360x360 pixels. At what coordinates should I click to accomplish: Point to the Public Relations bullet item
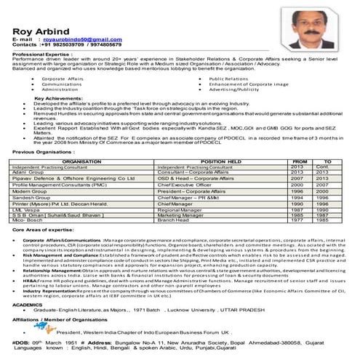pyautogui.click(x=232, y=78)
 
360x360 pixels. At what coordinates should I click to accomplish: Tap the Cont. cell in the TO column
pyautogui.click(x=322, y=167)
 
